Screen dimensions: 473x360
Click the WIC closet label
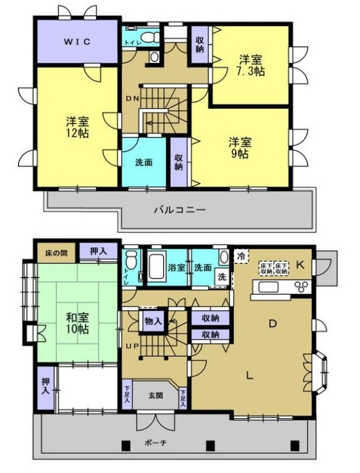76,41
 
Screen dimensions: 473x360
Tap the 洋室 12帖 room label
76,127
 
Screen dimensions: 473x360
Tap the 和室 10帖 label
76,323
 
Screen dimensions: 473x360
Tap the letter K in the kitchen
301,264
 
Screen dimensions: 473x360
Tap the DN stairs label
132,99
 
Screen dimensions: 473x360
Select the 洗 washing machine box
222,278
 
